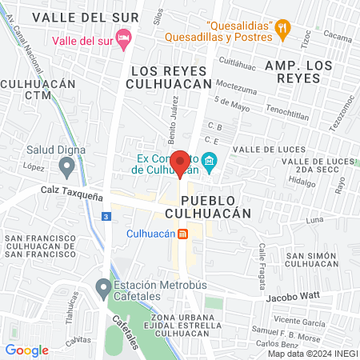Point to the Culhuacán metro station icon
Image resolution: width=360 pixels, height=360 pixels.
182,234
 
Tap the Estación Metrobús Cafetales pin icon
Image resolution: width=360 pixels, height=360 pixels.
102,286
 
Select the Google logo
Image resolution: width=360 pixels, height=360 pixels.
26,350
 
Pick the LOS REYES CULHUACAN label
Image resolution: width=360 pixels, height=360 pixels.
168,77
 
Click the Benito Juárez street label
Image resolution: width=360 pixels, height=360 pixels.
173,116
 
